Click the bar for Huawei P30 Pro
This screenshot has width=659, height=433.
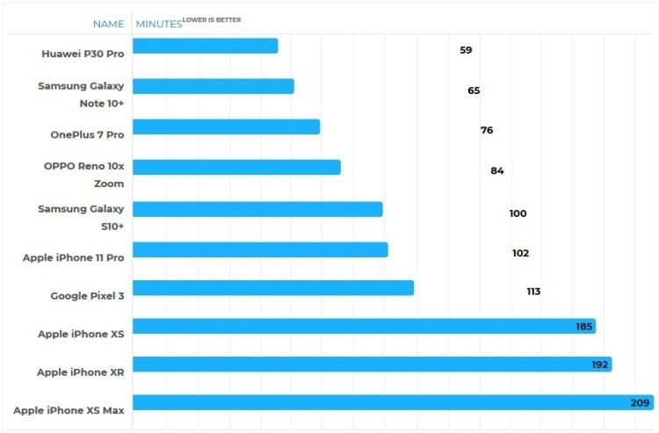205,47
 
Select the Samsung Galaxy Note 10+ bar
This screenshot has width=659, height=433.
214,87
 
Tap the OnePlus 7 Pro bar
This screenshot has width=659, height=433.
226,126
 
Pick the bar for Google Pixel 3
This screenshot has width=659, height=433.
273,288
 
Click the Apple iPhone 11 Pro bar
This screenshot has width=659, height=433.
260,250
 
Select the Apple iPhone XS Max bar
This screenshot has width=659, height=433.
394,402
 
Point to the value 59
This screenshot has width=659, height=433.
466,50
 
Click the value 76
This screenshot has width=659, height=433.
487,130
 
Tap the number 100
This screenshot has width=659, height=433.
518,213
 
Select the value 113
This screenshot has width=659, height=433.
533,292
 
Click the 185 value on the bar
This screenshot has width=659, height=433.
583,327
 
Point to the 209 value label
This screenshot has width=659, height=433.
640,403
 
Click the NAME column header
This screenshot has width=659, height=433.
108,24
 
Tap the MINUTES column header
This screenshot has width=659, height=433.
159,24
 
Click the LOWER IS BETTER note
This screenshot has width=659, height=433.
212,19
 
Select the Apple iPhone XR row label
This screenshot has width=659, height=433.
81,372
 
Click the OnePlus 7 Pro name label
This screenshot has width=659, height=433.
87,134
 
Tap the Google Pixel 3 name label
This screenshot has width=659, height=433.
87,296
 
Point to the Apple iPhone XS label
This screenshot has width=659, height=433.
81,334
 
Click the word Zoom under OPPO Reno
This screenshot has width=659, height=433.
109,184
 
